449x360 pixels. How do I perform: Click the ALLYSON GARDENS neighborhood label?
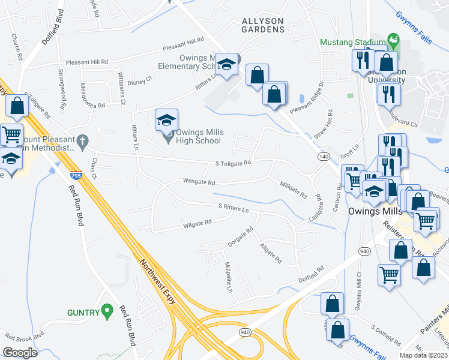[262, 25]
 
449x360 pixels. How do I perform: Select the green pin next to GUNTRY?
[107, 310]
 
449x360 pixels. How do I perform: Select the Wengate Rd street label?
[199, 182]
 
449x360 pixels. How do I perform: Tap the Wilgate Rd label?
[197, 223]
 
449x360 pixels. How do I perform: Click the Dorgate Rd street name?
[241, 238]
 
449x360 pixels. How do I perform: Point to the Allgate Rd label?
[270, 253]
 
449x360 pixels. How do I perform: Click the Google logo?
[20, 352]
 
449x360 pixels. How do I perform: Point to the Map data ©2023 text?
[423, 355]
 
